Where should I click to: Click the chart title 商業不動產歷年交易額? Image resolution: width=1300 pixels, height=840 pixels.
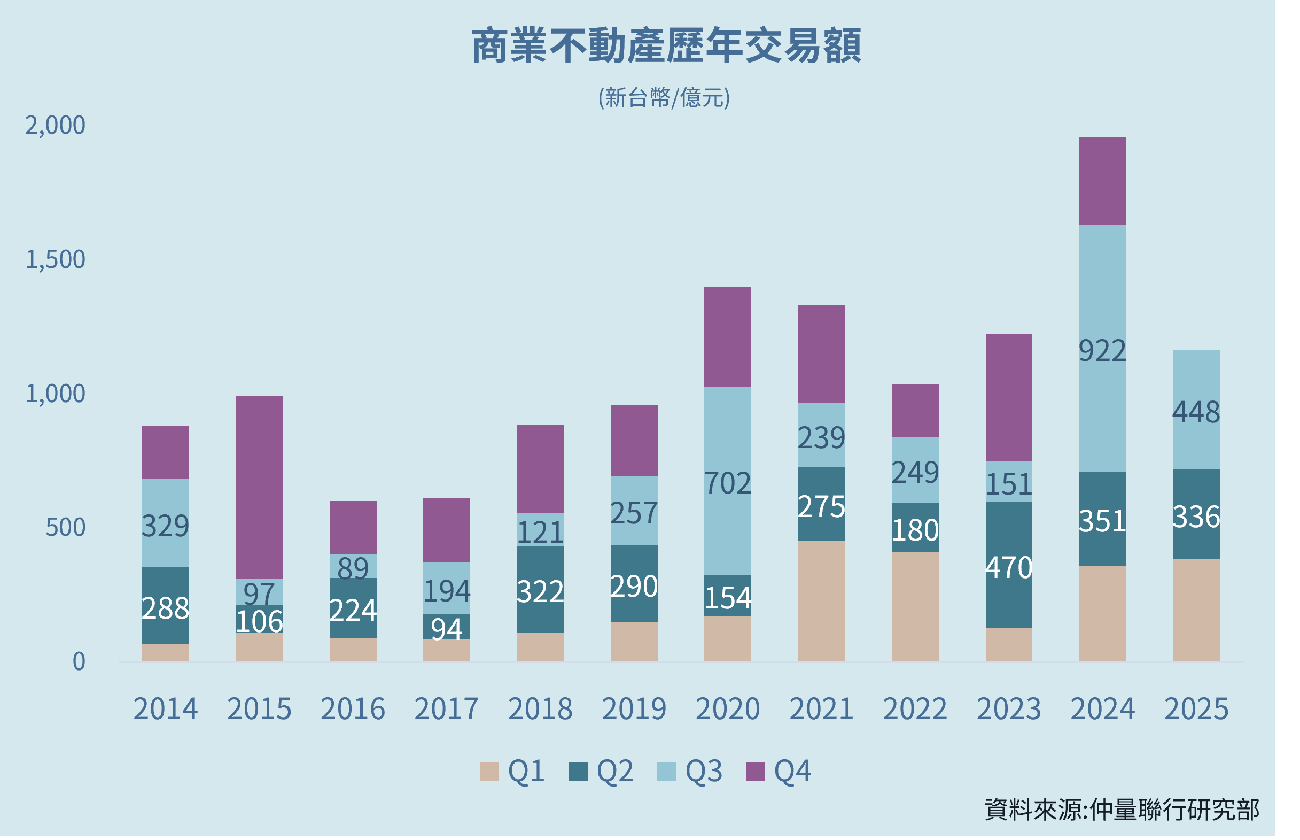click(666, 46)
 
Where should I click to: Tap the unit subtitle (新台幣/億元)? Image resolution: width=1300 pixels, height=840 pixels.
click(664, 98)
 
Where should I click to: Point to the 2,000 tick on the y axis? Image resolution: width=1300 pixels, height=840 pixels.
click(55, 126)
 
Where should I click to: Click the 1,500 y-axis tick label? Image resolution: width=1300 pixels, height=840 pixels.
click(55, 260)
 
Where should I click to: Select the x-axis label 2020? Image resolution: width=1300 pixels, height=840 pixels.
click(727, 709)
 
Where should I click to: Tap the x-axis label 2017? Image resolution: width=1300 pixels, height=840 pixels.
click(446, 709)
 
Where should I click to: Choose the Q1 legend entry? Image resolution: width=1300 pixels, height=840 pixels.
click(512, 771)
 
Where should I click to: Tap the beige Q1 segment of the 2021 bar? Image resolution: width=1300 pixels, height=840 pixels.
click(821, 600)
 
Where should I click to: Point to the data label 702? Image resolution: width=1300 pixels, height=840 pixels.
click(727, 483)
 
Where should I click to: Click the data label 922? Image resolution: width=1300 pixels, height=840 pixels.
click(1102, 351)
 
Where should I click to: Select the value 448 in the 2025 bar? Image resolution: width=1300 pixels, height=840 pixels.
click(1196, 412)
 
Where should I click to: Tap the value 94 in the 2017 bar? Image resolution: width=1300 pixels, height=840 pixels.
click(446, 629)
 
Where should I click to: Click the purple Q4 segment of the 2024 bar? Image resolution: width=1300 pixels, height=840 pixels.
click(1102, 181)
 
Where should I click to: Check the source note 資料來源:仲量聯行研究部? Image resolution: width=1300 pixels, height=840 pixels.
click(1122, 810)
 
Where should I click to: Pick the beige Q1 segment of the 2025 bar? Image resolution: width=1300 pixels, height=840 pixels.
click(1196, 611)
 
